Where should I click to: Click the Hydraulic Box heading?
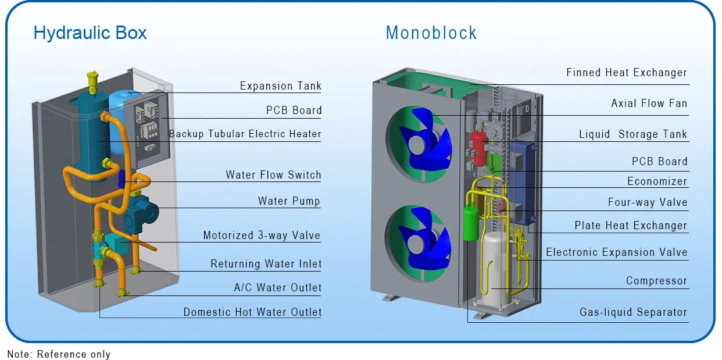90,33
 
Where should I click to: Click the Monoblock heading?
431,33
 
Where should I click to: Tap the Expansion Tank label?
280,86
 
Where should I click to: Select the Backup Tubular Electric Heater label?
245,134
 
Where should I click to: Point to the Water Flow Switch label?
273,175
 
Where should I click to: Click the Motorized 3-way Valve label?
262,236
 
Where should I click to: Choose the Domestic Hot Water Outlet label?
252,312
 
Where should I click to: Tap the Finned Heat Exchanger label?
627,73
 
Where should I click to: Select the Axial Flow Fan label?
649,104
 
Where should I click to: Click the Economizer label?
657,181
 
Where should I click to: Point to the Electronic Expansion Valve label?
616,252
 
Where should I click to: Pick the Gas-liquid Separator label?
633,312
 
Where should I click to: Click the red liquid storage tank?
478,145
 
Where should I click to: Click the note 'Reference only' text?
59,354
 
